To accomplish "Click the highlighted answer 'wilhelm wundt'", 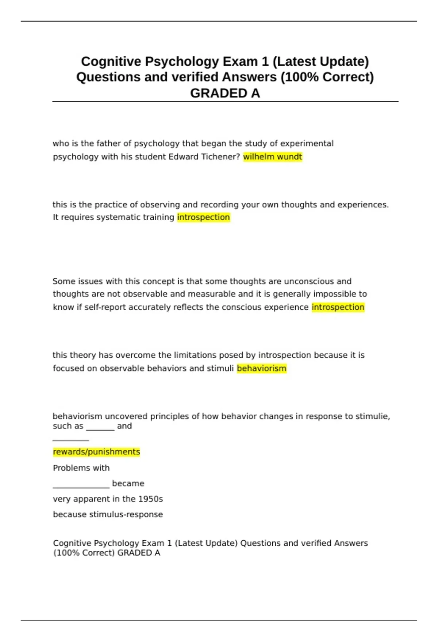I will pyautogui.click(x=273, y=157).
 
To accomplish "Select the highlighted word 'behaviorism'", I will pyautogui.click(x=262, y=368).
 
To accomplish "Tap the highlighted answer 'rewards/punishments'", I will pyautogui.click(x=96, y=452).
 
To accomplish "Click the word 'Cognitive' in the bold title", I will pyautogui.click(x=111, y=61).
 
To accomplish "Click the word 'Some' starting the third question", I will pyautogui.click(x=61, y=281).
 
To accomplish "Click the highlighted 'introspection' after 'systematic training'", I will pyautogui.click(x=203, y=217).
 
